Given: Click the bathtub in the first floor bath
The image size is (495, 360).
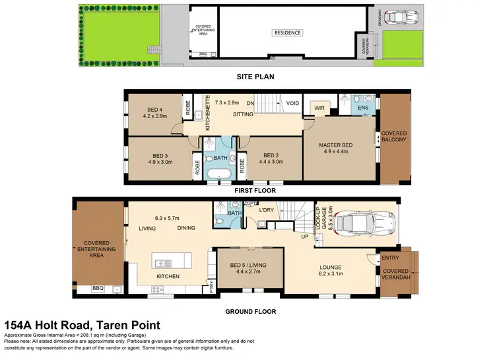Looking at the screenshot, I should coord(216,175).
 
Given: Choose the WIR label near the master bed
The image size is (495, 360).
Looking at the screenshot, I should coord(319,108).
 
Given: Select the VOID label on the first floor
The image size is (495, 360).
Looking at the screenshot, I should coord(292,104).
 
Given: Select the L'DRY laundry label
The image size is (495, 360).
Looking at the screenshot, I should coord(267,210).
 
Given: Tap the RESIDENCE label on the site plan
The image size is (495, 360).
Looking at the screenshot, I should coord(288,33).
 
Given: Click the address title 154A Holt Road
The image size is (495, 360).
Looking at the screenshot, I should coord(82,326).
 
